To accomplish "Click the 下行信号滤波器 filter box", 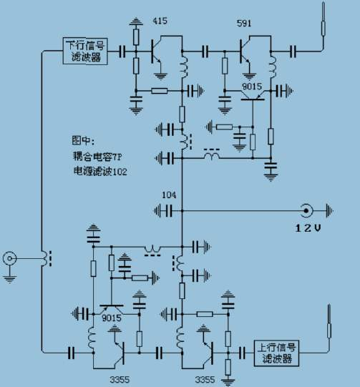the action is point(85,51).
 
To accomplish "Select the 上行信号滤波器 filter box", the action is point(276,353).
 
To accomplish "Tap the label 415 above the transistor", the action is point(160,21).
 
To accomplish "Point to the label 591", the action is point(244,23).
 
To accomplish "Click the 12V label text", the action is point(308,227).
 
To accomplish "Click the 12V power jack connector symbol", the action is point(306,211).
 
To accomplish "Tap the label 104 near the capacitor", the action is point(169,195).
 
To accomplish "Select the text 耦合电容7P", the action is point(97,157).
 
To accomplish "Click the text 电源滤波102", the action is point(100,171).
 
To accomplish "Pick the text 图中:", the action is point(83,141).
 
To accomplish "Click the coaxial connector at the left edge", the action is point(9,259).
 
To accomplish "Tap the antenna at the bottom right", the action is point(329,321).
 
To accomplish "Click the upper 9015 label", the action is point(252,87).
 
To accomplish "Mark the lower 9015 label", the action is point(112,318).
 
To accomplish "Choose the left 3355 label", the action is point(120,380).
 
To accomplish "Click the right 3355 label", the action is point(205,380).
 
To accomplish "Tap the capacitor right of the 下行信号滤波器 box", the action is point(122,52).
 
